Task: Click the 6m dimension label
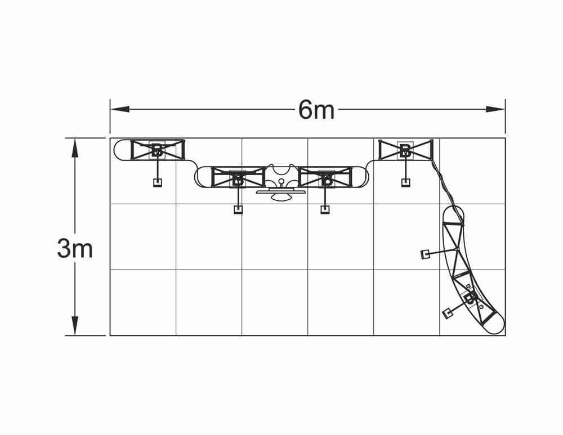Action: tap(316, 110)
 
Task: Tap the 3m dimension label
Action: tap(75, 249)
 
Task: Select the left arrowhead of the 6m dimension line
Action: tap(120, 109)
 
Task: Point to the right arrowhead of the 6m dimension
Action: tap(495, 109)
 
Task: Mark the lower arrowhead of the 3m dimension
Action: tap(75, 326)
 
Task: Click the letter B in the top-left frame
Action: tap(157, 150)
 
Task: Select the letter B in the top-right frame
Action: tap(405, 150)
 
